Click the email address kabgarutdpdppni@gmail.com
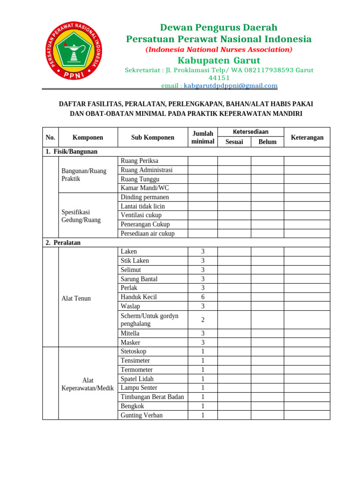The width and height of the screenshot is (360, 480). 231,86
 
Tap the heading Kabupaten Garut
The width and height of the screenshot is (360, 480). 218,60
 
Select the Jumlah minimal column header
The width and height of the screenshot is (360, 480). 202,137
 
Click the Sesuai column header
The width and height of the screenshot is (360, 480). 234,142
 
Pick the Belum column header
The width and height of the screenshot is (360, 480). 267,142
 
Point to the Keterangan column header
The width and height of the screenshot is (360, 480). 307,137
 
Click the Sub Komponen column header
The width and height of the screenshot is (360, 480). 152,137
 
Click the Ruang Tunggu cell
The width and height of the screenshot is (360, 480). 140,179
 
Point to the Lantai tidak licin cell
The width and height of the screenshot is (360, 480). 142,206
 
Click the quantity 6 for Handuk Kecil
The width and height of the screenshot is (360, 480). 202,297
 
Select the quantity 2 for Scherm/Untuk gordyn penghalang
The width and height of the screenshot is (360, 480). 202,320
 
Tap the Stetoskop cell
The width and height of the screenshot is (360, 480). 133,352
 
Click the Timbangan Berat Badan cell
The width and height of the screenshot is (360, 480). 152,397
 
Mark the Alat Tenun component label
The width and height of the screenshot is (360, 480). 76,298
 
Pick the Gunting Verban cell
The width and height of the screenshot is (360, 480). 142,415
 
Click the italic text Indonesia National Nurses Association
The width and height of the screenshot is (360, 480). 218,50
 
